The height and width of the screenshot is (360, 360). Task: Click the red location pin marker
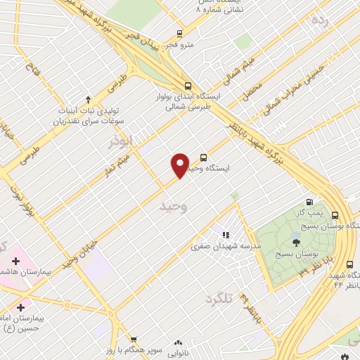point(181,165)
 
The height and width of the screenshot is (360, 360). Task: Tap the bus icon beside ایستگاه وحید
point(203,157)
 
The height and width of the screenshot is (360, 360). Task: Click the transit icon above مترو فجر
point(180,33)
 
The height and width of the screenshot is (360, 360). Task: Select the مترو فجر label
point(189,44)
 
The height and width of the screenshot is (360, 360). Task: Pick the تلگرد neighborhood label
point(219,298)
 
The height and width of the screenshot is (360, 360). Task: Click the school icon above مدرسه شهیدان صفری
point(225,235)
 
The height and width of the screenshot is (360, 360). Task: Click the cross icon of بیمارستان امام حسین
point(20,307)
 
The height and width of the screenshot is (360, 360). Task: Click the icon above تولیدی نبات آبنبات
point(88,99)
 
